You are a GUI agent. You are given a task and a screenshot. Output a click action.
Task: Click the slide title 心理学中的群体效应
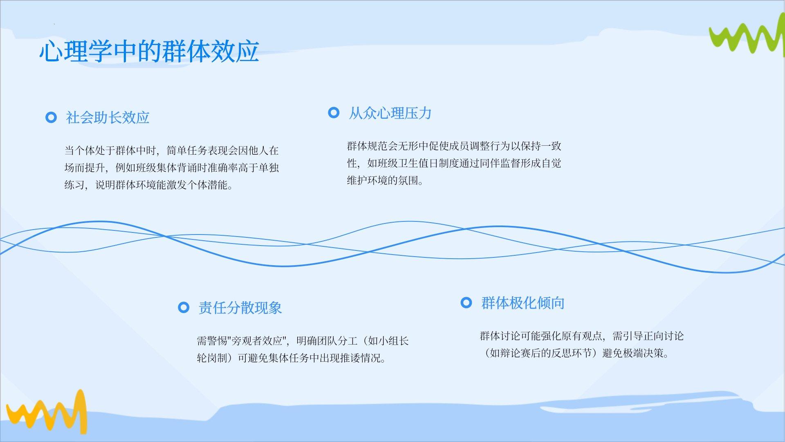tap(149, 51)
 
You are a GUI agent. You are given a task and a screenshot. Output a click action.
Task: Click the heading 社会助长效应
tap(108, 118)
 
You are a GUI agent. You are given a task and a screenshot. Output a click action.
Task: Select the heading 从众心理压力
tap(390, 113)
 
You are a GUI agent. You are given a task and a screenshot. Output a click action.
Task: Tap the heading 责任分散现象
tap(240, 308)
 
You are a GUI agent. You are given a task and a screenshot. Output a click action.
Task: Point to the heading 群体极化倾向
tap(523, 303)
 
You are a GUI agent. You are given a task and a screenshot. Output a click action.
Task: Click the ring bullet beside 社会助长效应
tap(51, 118)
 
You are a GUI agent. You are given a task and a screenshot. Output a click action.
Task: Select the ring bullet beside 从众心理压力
tap(334, 113)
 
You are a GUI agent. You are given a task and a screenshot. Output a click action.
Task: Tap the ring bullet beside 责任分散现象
tap(184, 307)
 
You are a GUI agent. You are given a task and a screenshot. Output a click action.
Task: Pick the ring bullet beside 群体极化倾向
tap(466, 303)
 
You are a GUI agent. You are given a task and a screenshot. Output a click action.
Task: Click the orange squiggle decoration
tap(47, 411)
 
